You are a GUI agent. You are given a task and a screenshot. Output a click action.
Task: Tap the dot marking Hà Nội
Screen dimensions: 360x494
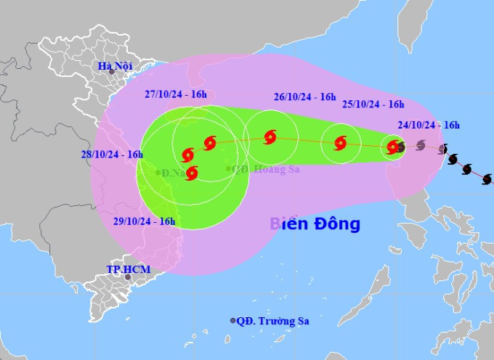[x=111, y=71]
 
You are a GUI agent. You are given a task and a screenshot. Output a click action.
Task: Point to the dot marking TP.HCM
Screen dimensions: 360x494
[x=128, y=277]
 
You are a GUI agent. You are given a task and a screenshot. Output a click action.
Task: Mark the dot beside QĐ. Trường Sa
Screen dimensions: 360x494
[x=233, y=320]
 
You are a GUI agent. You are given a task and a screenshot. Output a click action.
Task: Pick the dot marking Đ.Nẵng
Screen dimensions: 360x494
[x=158, y=173]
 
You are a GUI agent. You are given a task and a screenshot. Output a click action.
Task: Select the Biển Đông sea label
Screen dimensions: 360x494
[x=315, y=224]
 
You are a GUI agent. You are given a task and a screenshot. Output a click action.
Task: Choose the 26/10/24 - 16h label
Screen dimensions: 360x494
[x=305, y=97]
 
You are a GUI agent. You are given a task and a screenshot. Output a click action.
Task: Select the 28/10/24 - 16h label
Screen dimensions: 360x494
[x=112, y=154]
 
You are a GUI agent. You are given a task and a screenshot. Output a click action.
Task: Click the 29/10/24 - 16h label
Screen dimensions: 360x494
[x=145, y=221]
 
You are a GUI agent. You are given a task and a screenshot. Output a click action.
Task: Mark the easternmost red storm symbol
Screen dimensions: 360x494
[x=393, y=147]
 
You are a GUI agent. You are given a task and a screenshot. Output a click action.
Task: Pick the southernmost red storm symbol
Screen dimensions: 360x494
[x=192, y=173]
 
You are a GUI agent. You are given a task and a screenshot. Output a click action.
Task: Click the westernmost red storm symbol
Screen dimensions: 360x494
[x=187, y=155]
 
